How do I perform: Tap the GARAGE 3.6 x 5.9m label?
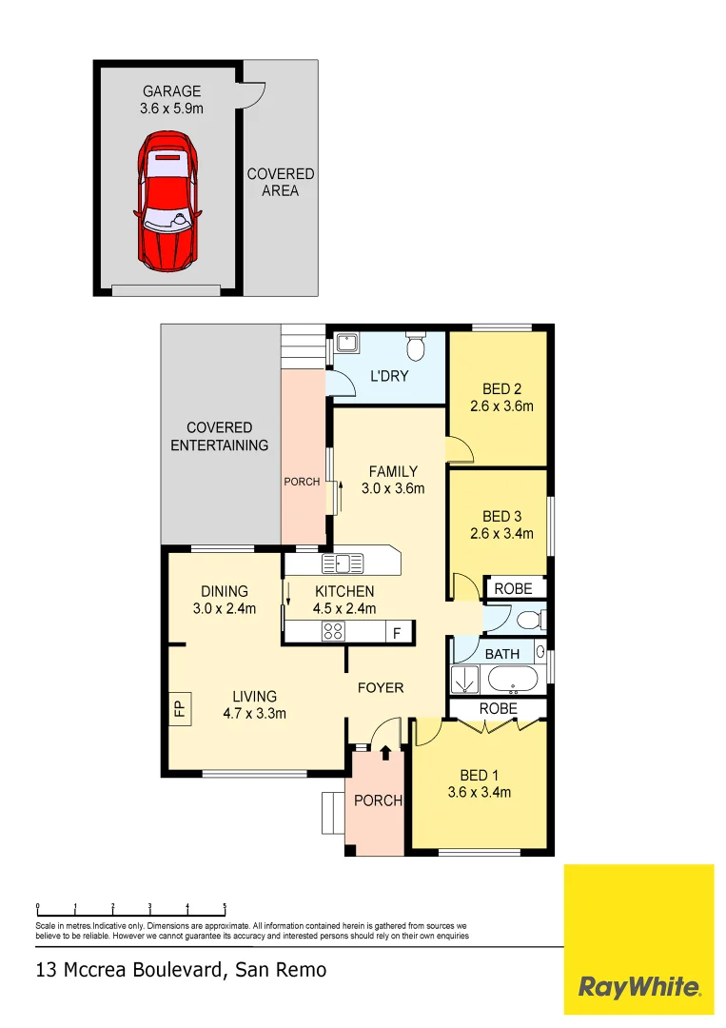click(172, 100)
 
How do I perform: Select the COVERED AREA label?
click(281, 182)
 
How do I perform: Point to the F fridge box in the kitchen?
click(398, 632)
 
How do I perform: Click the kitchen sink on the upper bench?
click(343, 563)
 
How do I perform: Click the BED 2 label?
click(501, 388)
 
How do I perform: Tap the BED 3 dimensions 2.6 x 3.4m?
click(501, 534)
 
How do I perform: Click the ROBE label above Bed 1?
click(498, 709)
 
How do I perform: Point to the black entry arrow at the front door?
click(385, 754)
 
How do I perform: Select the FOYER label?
click(381, 687)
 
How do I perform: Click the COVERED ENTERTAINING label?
click(219, 436)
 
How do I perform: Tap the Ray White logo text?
click(639, 987)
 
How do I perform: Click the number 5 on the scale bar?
click(225, 907)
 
